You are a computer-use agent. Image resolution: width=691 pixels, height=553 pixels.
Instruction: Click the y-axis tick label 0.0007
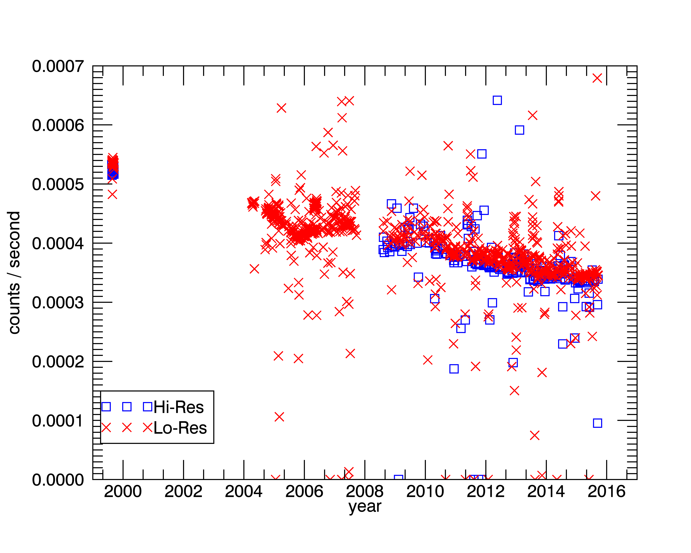coord(58,67)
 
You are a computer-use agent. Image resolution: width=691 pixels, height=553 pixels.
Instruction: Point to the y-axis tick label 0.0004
coord(58,244)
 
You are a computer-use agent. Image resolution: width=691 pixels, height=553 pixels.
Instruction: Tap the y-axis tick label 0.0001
coord(58,421)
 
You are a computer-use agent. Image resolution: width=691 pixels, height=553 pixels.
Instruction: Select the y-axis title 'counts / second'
coord(14,273)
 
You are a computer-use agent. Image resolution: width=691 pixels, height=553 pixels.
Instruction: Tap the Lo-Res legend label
coord(180,428)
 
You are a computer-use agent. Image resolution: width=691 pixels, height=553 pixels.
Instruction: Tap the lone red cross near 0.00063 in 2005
coord(281,108)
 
